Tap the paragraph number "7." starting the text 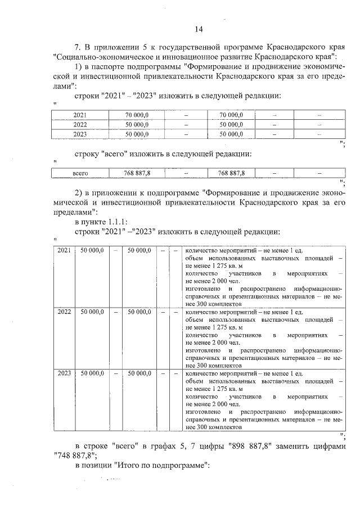click(79, 46)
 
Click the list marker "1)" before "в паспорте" click(79, 67)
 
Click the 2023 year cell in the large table click(64, 372)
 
